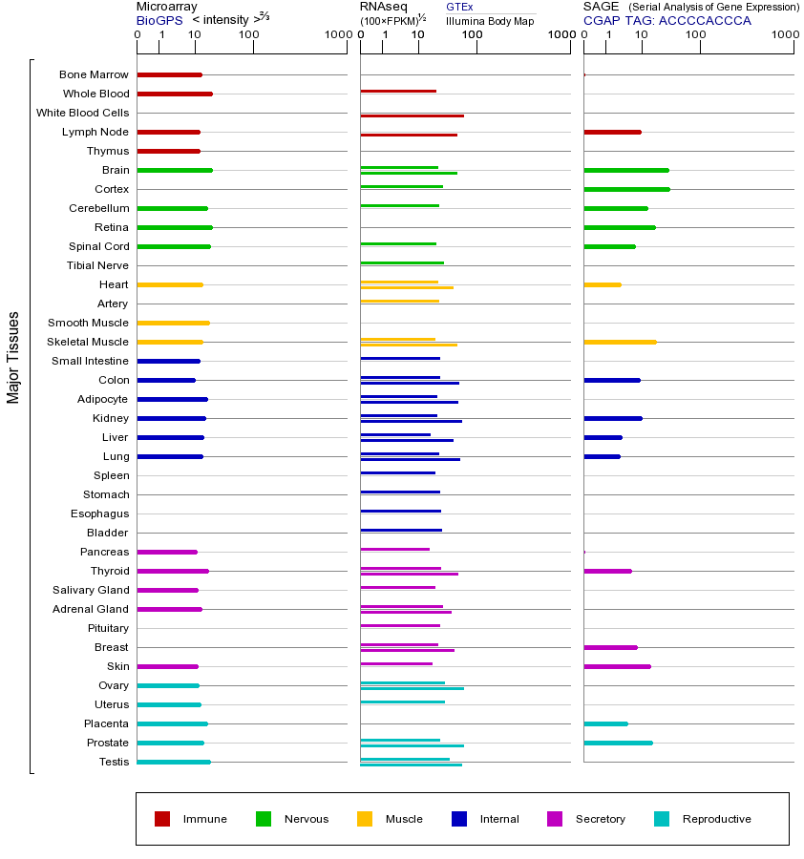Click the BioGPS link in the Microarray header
159,20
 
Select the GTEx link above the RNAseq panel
459,7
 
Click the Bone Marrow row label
94,74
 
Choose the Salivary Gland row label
91,590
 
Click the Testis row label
114,762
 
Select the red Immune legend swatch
162,819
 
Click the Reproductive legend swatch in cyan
662,819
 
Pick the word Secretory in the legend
600,819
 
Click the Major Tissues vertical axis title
13,357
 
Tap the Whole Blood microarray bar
174,94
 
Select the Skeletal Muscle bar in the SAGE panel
620,342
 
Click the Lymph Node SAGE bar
612,132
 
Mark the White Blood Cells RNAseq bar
412,115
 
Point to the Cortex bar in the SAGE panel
626,189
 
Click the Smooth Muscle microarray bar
173,323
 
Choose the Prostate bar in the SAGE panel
618,743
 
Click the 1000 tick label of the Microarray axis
336,35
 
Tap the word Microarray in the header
167,7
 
